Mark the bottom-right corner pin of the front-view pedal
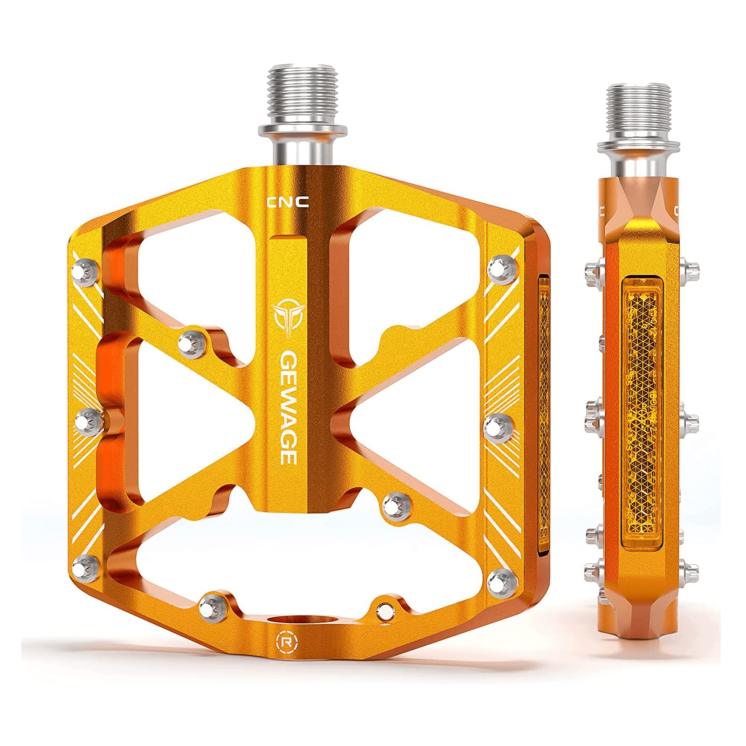coord(500,581)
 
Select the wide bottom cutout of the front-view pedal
coord(298,559)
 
